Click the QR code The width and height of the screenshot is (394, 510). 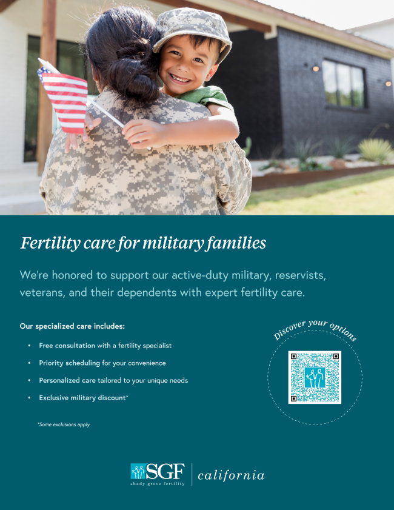click(315, 377)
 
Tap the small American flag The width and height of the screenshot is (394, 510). click(64, 101)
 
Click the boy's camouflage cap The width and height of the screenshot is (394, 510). click(192, 31)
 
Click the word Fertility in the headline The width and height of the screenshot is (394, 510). click(50, 243)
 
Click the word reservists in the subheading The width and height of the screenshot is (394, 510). click(301, 275)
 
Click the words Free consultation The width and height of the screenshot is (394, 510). click(67, 346)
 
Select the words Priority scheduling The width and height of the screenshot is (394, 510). click(69, 363)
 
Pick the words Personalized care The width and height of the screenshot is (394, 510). click(67, 380)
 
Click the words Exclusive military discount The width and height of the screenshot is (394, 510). click(82, 398)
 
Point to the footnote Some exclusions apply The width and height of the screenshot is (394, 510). click(64, 424)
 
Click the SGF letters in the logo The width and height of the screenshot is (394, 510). click(165, 471)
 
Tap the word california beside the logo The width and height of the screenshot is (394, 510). click(231, 475)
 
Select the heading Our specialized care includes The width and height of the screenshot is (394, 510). click(72, 326)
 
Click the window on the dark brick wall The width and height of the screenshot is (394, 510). click(344, 84)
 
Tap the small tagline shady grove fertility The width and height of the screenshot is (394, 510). click(158, 484)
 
